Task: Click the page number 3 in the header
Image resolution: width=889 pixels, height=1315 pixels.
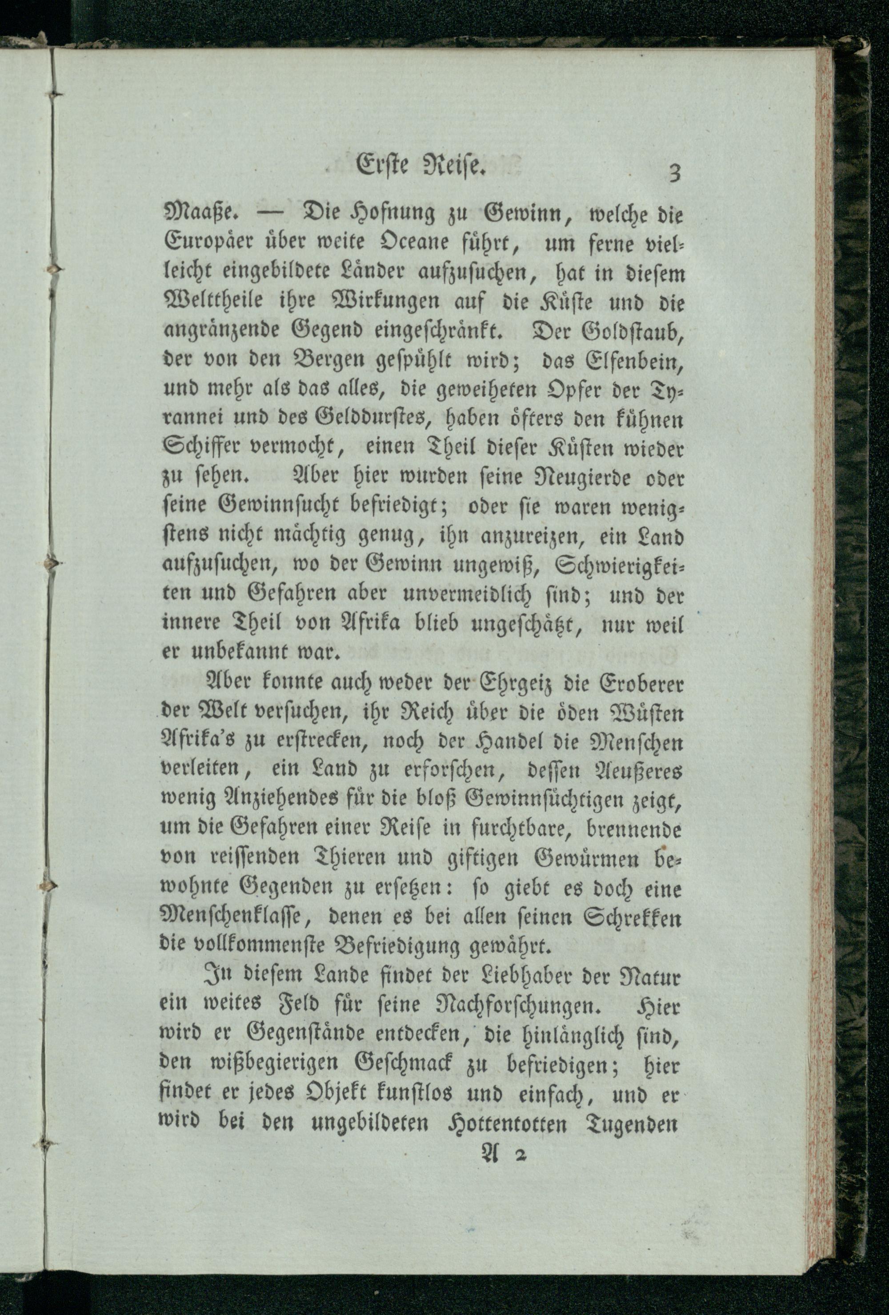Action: click(673, 172)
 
